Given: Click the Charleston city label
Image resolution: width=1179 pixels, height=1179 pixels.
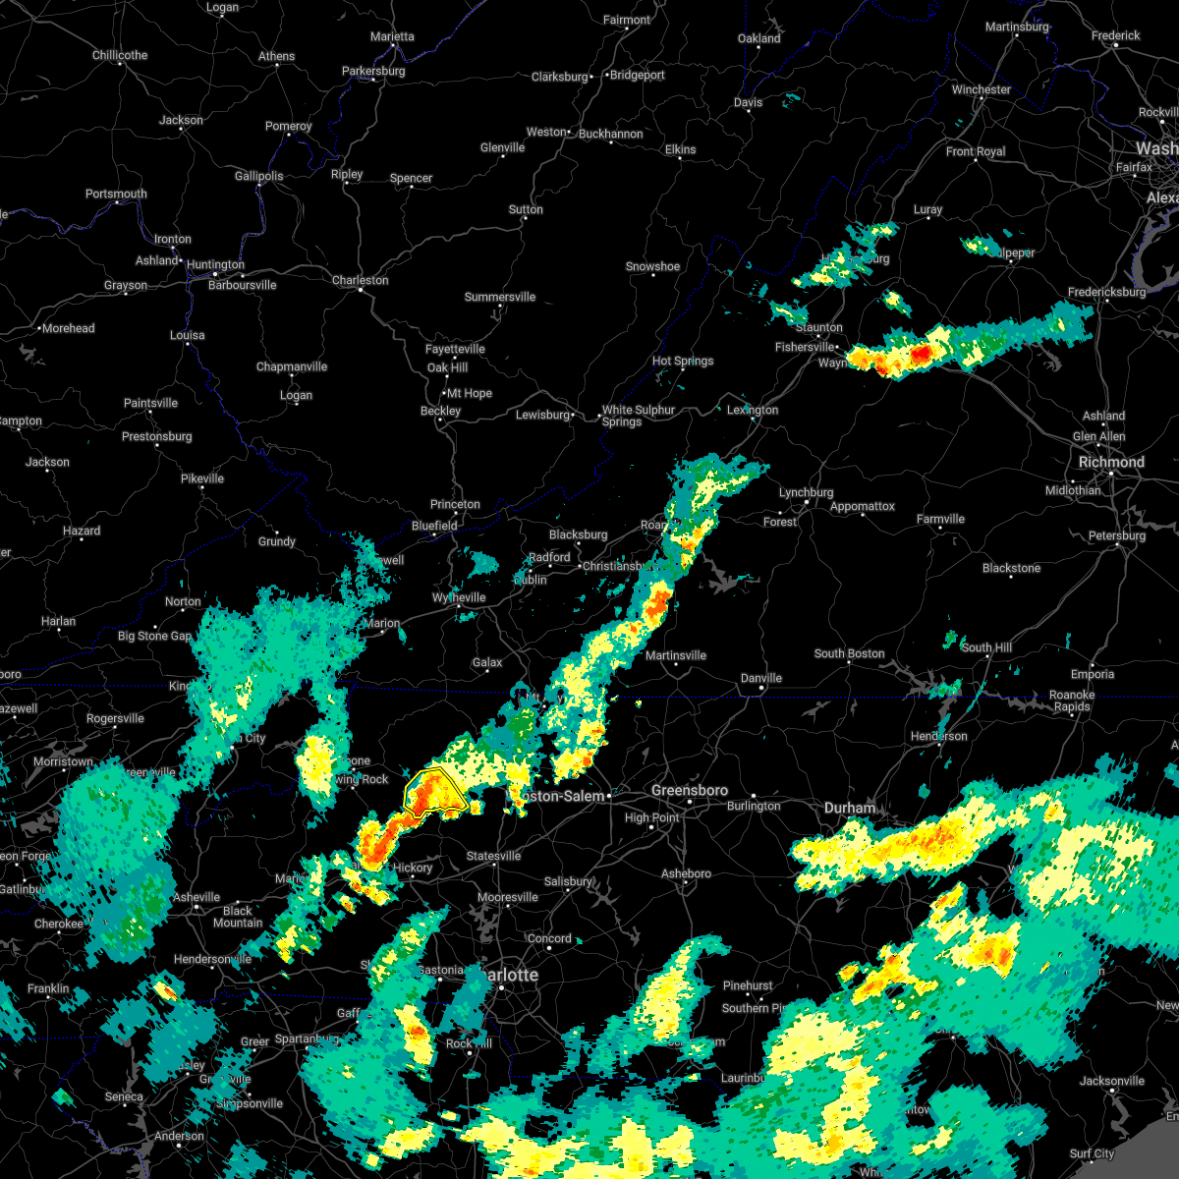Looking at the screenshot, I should click(360, 280).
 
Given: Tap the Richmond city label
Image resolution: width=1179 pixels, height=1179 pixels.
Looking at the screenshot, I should click(1111, 462).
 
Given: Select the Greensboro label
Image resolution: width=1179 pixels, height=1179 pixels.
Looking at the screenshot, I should click(690, 790).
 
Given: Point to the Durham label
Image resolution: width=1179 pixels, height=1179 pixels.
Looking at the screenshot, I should click(850, 808).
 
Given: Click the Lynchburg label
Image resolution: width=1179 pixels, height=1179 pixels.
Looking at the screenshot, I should click(806, 492).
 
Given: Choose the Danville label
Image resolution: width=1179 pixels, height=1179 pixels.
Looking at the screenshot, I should click(760, 678).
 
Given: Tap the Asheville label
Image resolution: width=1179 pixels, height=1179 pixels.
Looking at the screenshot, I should click(196, 897).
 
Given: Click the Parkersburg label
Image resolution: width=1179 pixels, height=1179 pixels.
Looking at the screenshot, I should click(373, 71).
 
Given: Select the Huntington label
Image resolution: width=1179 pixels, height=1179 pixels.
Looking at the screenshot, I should click(215, 264).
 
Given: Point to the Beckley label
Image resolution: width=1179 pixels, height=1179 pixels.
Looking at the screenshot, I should click(440, 411).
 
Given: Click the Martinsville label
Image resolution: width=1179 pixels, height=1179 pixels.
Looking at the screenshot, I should click(676, 655).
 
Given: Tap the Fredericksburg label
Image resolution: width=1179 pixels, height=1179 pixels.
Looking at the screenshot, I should click(1106, 292).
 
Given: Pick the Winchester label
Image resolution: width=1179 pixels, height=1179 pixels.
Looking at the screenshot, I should click(981, 89).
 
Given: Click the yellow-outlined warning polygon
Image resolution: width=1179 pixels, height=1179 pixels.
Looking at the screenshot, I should click(433, 793).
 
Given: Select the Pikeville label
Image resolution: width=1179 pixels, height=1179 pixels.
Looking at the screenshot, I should click(202, 478).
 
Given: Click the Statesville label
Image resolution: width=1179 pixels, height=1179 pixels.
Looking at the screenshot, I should click(493, 856).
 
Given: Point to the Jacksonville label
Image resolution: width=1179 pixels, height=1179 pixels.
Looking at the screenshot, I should click(1111, 1081).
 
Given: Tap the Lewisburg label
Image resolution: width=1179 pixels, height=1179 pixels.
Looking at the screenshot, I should click(543, 415).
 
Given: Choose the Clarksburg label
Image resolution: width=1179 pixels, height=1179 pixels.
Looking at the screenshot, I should click(559, 77).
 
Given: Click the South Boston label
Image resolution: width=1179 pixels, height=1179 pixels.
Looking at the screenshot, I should click(849, 653).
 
